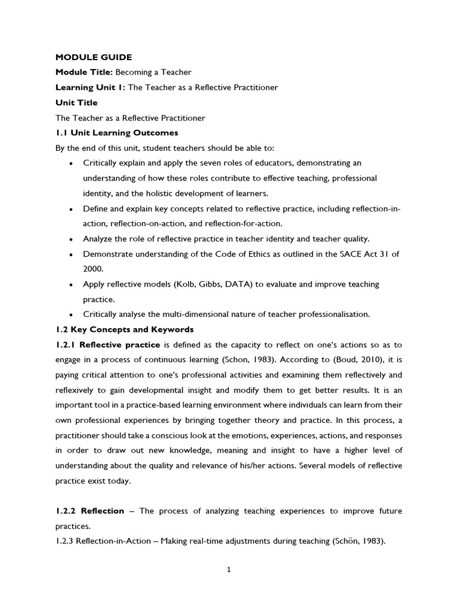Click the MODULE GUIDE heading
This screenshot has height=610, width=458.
click(93, 57)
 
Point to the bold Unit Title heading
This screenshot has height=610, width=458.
click(76, 102)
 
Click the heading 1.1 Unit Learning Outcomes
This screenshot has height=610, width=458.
click(116, 133)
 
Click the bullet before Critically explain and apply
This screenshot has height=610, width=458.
click(72, 163)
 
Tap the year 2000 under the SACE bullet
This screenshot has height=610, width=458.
click(93, 269)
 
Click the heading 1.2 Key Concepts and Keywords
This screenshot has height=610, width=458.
click(124, 329)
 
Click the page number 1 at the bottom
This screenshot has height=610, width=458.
click(228, 569)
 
